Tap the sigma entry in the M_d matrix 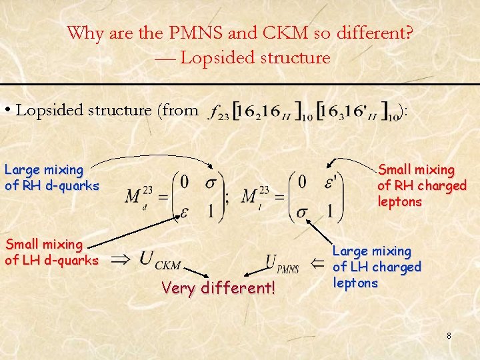[211, 182]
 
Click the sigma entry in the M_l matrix [301, 213]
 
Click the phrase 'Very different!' [218, 289]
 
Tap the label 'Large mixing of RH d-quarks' [51, 178]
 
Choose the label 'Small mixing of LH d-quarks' [51, 253]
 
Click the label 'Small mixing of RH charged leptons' [421, 186]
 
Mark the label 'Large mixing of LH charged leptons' [377, 267]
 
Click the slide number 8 [449, 336]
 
